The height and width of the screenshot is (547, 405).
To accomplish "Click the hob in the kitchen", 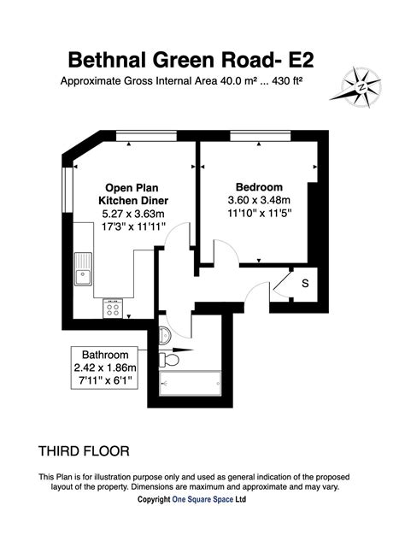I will (x=114, y=305).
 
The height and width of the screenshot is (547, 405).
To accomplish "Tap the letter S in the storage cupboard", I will (x=304, y=283).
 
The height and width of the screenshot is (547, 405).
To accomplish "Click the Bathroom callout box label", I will (x=104, y=355).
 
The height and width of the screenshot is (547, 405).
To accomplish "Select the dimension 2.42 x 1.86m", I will (x=104, y=368).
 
